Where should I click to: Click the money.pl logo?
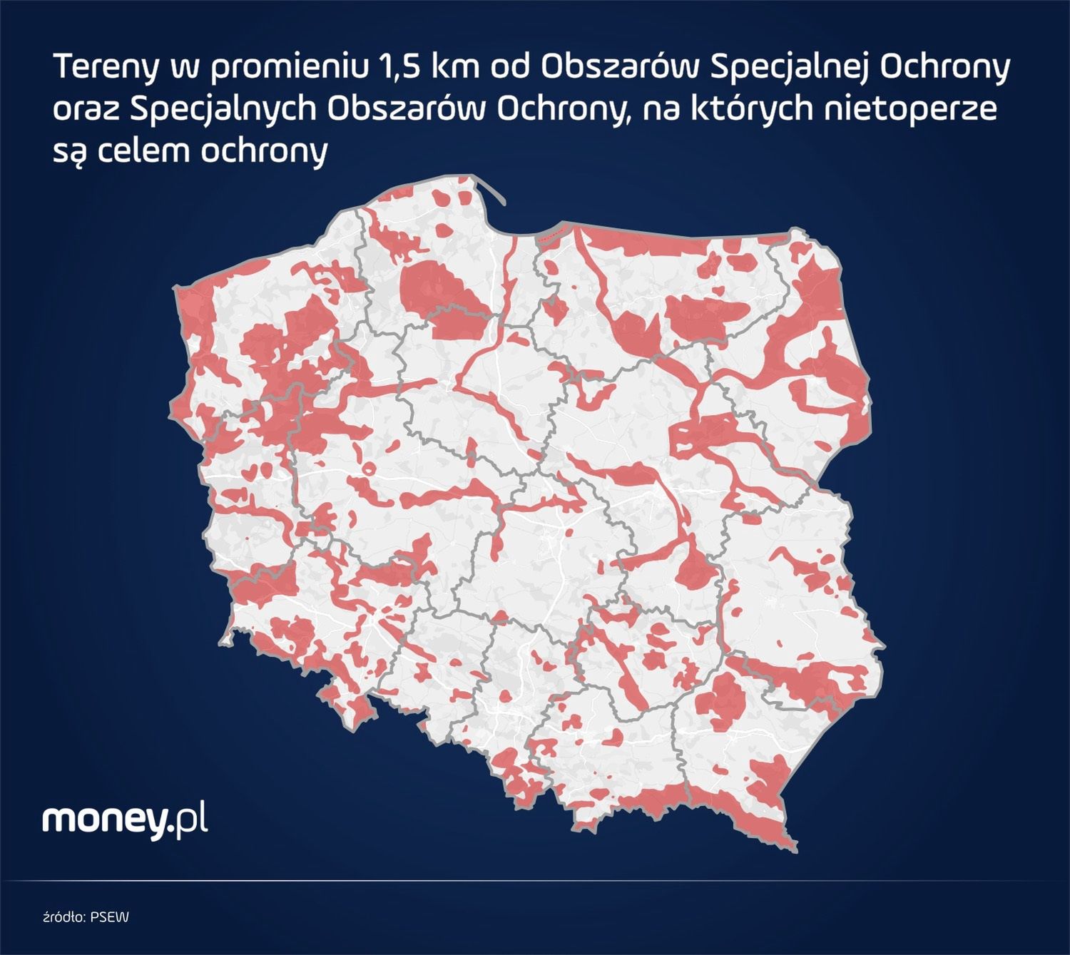pyautogui.click(x=125, y=820)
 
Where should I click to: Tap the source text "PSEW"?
pyautogui.click(x=110, y=916)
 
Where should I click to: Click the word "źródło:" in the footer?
pyautogui.click(x=65, y=916)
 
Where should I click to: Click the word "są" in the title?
pyautogui.click(x=69, y=152)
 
